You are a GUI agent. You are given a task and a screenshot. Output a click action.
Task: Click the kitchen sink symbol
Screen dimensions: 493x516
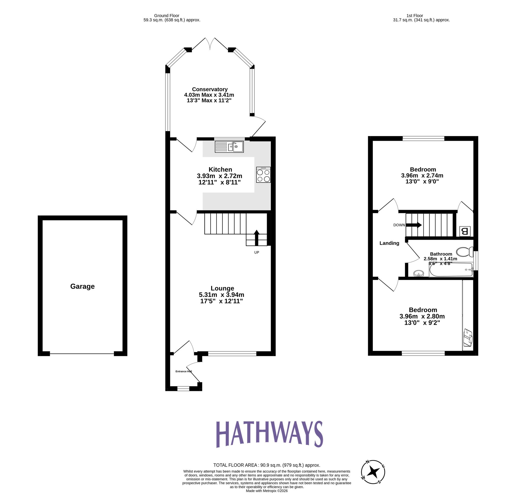point(229,147)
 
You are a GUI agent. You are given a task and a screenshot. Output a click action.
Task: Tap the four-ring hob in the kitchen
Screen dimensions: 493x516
point(263,175)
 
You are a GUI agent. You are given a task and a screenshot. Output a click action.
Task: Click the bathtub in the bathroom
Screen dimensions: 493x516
point(450,270)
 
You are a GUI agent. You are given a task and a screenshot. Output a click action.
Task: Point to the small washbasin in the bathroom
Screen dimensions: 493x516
point(418,274)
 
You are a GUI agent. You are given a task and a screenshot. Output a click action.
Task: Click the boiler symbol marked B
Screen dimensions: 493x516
point(465,231)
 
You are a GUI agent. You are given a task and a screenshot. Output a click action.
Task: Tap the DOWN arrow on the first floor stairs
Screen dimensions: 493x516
point(414,225)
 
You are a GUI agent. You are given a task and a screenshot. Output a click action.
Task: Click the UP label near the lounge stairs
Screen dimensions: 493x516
point(256,252)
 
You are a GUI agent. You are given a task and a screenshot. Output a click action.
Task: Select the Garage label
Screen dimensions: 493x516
point(82,286)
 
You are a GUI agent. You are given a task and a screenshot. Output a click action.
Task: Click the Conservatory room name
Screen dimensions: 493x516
point(210,89)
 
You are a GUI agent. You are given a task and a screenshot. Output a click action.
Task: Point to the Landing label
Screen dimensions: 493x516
point(389,243)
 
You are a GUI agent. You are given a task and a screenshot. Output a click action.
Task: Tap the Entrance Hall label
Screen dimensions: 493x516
point(184,371)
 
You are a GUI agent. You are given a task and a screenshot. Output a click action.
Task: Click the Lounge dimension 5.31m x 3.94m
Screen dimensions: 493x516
point(222,295)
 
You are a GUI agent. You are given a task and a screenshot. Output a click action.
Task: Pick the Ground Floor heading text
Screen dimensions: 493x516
point(167,15)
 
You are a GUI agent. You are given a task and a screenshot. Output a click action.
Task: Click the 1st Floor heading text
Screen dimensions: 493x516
point(414,15)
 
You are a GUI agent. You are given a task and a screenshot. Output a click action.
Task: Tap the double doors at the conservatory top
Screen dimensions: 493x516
point(210,43)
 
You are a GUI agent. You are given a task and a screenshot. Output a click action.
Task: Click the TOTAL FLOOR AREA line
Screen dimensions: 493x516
point(267,465)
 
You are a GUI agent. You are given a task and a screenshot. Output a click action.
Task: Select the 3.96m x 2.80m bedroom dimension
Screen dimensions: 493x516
point(422,316)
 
